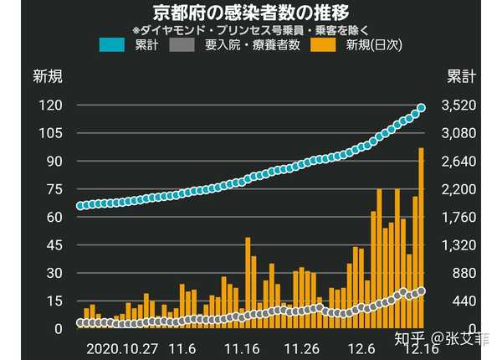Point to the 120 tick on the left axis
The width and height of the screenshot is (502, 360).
tap(53, 105)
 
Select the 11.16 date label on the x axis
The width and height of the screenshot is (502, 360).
tap(240, 347)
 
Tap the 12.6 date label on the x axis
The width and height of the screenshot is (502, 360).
tap(362, 347)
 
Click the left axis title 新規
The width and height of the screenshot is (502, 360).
tap(48, 77)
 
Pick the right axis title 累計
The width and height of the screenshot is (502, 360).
tap(461, 77)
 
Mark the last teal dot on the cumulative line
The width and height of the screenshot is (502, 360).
tap(422, 107)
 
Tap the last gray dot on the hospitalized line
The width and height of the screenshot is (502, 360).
tap(422, 291)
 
